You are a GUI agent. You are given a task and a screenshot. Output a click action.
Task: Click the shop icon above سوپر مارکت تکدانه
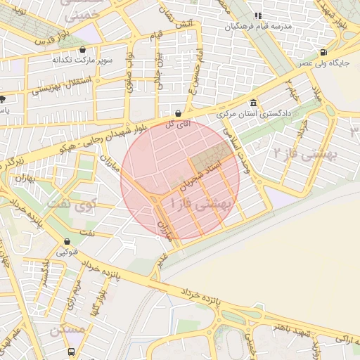point(84,50)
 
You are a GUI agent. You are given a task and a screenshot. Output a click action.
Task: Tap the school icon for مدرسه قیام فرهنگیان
point(257,15)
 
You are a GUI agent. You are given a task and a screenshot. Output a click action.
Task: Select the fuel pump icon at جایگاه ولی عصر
point(323,52)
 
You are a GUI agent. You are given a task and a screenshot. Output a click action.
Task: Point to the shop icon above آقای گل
point(177,112)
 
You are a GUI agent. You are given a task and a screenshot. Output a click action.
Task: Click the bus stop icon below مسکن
point(71,351)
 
